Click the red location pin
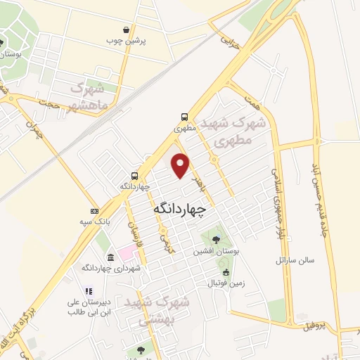(181, 165)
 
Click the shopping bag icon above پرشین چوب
(126, 30)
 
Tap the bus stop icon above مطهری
(184, 117)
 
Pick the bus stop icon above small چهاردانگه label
(134, 176)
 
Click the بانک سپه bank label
(94, 221)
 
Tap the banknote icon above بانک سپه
(94, 211)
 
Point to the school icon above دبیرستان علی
(88, 290)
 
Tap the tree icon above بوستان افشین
(214, 240)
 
